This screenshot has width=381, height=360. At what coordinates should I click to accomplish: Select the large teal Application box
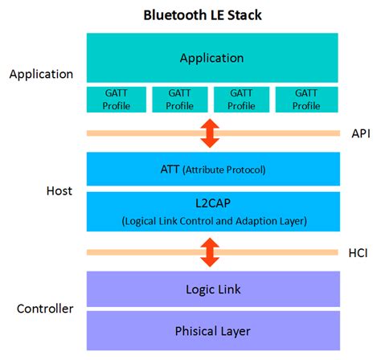tap(211, 59)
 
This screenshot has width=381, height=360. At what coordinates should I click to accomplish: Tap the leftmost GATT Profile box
tap(117, 99)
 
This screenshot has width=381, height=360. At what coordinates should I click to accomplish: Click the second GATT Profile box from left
tap(180, 99)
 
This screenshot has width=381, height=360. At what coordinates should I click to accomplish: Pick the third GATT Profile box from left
tap(243, 99)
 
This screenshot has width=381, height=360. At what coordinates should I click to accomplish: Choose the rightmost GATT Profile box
tap(305, 99)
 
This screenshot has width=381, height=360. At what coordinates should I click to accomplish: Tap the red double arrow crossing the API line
tap(211, 133)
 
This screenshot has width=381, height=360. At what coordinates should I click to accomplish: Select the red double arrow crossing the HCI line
tap(211, 252)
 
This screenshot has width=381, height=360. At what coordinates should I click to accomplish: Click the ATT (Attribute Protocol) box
tap(211, 170)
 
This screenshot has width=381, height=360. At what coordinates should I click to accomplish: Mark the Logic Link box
tap(211, 289)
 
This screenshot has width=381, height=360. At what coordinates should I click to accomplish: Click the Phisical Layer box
tap(211, 330)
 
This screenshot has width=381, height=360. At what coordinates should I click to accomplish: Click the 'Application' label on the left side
tap(41, 75)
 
